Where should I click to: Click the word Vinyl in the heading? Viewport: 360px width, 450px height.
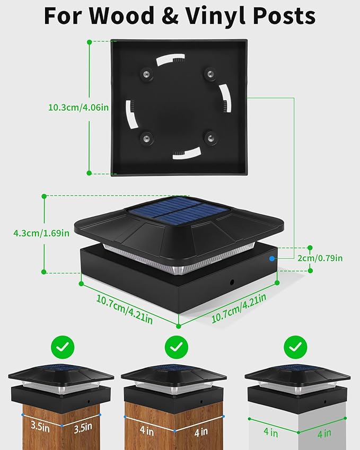[215, 16]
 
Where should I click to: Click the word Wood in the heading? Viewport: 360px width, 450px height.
[122, 15]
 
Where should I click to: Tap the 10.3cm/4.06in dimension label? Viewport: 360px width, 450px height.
[78, 108]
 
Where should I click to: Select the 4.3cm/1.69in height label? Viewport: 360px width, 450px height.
[41, 233]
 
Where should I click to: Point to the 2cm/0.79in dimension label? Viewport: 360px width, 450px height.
[320, 258]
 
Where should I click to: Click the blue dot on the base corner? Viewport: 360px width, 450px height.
[271, 259]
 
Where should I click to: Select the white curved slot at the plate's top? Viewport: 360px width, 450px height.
[170, 58]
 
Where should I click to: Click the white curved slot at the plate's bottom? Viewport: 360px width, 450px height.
[187, 153]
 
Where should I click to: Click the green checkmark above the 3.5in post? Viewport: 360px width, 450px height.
[63, 347]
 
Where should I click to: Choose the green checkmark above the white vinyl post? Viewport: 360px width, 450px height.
[295, 347]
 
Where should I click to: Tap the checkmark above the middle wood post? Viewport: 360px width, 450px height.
[177, 347]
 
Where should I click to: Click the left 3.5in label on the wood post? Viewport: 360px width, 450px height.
[40, 426]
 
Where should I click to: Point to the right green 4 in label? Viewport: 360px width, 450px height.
[324, 433]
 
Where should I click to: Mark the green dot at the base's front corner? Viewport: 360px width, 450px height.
[179, 326]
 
